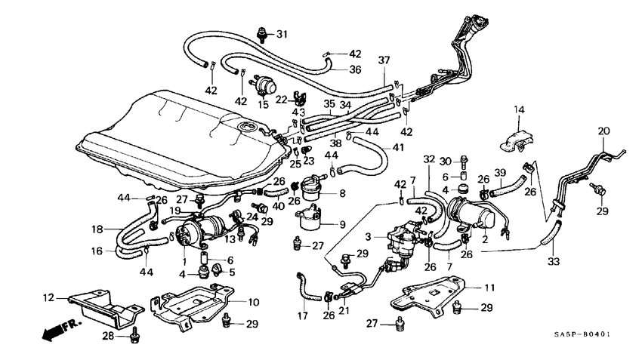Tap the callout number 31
(282, 34)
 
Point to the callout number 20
(603, 131)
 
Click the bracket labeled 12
(102, 308)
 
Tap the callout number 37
(384, 60)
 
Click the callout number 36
(355, 69)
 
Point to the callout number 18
(97, 229)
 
